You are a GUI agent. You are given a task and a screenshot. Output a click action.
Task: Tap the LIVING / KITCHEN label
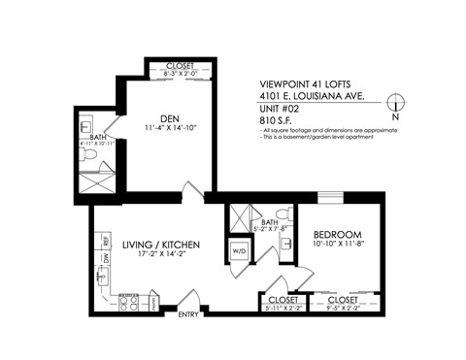(161, 245)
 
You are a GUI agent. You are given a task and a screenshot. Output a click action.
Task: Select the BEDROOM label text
(338, 235)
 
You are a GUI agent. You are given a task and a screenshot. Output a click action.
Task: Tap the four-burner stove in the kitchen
(127, 303)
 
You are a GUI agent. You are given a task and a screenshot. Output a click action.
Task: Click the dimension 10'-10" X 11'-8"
(338, 246)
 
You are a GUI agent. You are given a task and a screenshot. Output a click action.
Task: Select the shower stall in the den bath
(89, 177)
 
